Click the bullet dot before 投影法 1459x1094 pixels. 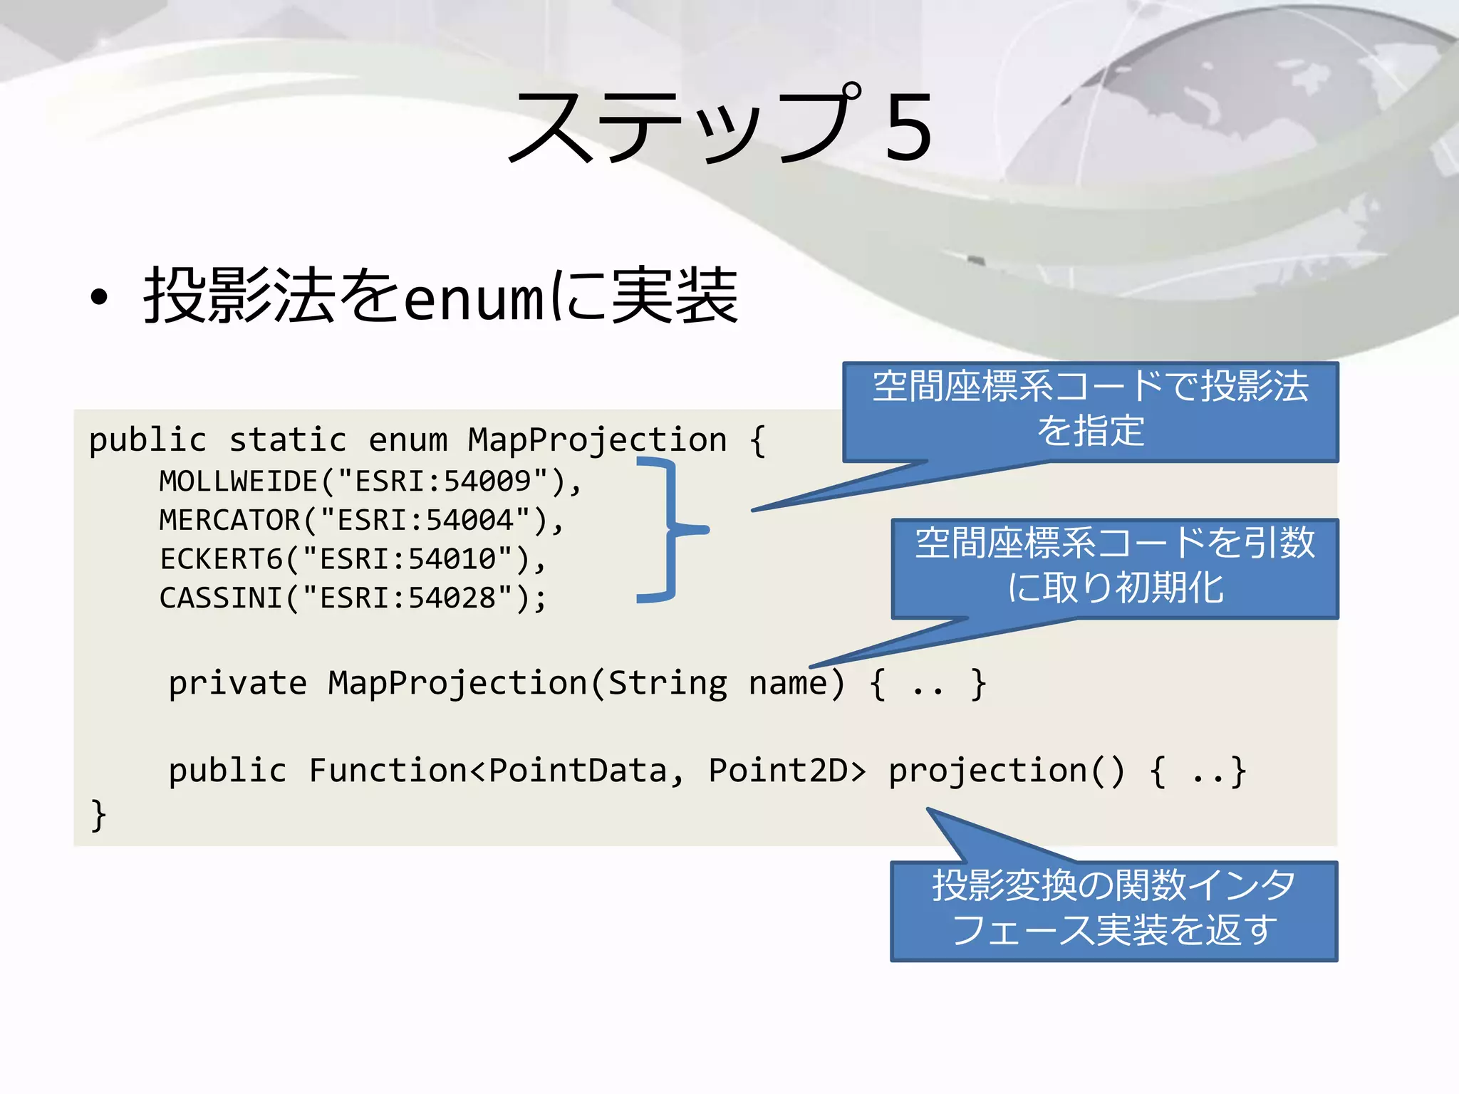click(100, 298)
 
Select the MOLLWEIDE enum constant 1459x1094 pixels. click(239, 481)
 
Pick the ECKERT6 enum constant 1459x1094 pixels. click(222, 559)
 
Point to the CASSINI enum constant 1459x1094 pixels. click(222, 598)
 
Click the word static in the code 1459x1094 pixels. click(289, 440)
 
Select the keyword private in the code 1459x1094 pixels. click(238, 684)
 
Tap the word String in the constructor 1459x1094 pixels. click(668, 684)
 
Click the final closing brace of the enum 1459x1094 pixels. click(98, 816)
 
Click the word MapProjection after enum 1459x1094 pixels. click(597, 440)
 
